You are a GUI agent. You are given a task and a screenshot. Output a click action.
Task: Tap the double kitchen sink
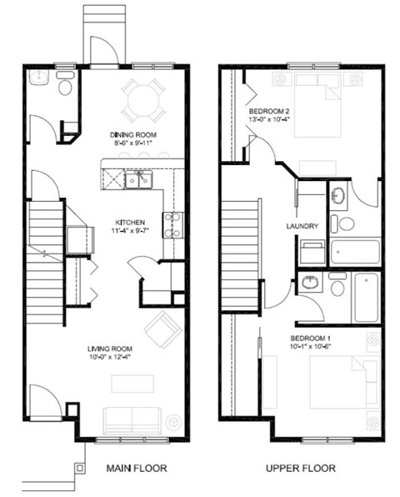coord(138,178)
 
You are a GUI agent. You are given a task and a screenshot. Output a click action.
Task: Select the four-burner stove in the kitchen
coord(172,223)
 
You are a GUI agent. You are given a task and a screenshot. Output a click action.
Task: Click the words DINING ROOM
coord(133,134)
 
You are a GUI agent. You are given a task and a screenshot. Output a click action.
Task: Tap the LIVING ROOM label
coord(113,348)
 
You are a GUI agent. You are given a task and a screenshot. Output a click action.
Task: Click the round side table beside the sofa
coord(172,421)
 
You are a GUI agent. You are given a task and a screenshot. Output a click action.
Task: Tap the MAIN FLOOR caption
coord(136,469)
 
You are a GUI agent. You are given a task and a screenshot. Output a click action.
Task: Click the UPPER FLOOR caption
coord(300,469)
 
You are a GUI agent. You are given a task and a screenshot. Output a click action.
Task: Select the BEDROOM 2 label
coord(269,111)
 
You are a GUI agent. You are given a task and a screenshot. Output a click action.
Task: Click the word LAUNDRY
coord(302,225)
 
